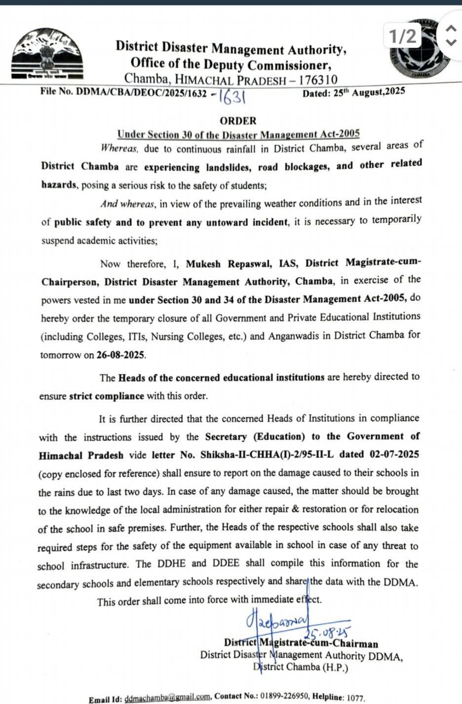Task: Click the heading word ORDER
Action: [238, 121]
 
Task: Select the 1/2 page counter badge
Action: [403, 37]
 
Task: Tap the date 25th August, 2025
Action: [353, 92]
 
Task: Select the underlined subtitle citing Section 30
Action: [238, 134]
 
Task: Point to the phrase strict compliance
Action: [107, 396]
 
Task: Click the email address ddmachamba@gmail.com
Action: [168, 698]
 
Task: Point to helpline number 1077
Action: [355, 698]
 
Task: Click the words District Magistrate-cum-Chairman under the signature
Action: [301, 643]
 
